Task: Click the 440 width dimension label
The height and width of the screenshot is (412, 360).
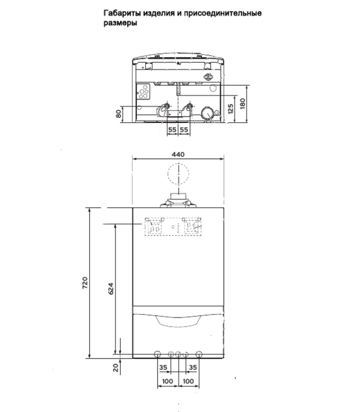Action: (178, 154)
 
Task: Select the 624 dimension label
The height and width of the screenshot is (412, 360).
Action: (110, 288)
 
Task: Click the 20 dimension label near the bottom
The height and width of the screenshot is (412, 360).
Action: (116, 367)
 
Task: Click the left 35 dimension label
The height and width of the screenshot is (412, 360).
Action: (164, 367)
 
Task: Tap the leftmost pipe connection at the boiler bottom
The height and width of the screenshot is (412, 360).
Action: (158, 355)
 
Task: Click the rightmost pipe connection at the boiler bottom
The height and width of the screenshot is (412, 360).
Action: (199, 355)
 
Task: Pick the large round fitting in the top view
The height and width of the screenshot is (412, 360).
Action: (207, 113)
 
